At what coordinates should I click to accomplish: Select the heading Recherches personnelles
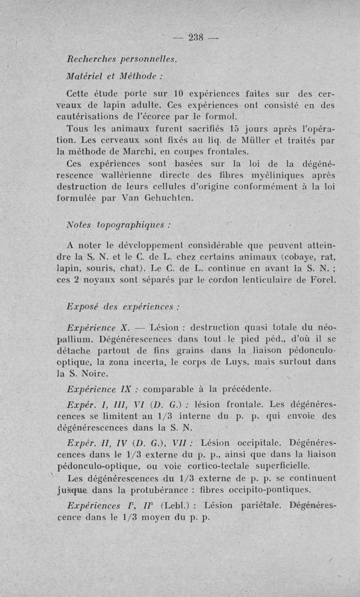[x=118, y=59]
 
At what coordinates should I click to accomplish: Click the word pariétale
[x=258, y=506]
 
